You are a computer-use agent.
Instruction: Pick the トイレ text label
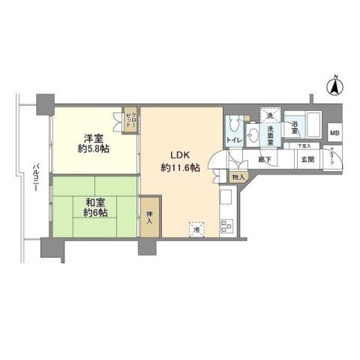[x=234, y=140]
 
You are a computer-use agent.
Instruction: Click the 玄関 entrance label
[x=307, y=159]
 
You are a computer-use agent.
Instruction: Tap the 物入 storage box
[x=237, y=177]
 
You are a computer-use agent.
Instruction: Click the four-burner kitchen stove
[x=226, y=224]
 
